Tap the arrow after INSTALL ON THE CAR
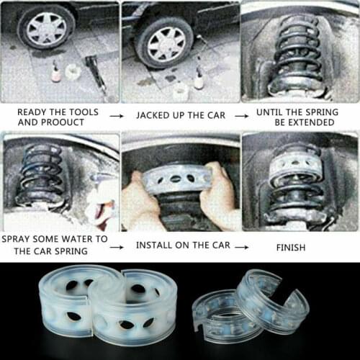pos(243,246)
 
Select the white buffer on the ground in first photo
pos(72,72)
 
